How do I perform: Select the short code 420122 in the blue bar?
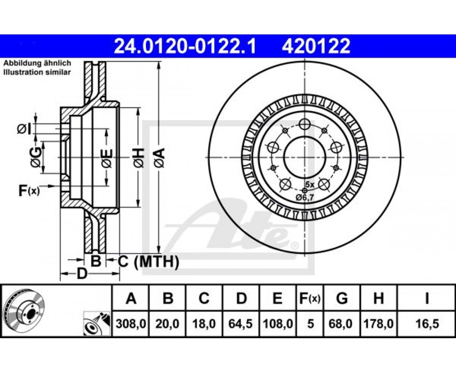tap(316, 46)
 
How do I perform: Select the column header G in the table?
tap(342, 298)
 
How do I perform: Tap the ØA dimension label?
tap(159, 157)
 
